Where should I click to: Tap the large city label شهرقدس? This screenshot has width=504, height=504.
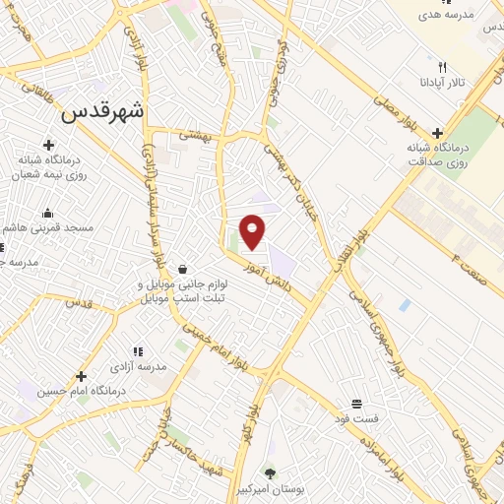coord(102,112)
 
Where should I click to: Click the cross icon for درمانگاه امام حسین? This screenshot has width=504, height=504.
coord(81,376)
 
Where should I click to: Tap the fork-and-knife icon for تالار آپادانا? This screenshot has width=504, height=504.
coord(443,66)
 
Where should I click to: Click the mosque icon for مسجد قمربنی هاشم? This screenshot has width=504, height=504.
coord(47,213)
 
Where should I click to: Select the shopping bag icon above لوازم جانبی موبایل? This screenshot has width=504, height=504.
coord(183,269)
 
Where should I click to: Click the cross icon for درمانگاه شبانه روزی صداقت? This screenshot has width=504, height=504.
coord(437,133)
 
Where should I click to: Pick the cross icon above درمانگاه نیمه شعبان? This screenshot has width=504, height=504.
coord(48,147)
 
